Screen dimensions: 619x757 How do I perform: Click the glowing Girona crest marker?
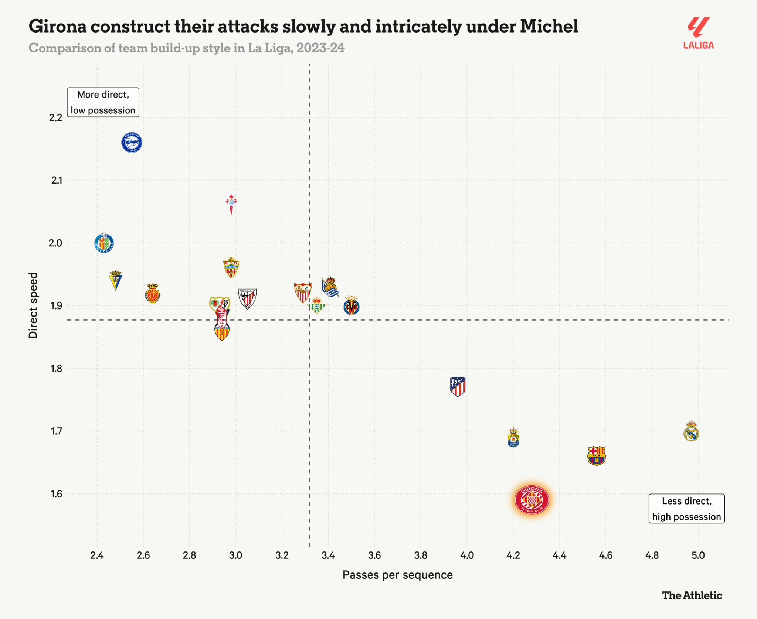click(x=532, y=500)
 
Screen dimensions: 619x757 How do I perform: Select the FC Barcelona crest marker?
click(x=596, y=455)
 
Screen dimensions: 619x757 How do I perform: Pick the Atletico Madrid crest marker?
click(x=458, y=387)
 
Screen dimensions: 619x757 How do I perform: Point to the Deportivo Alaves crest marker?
click(x=132, y=143)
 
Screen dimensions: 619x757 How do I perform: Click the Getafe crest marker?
click(x=104, y=243)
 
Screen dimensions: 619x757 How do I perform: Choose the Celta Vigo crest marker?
click(x=231, y=204)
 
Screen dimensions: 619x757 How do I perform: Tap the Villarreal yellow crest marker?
click(x=351, y=306)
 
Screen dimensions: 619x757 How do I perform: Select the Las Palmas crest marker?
click(x=513, y=437)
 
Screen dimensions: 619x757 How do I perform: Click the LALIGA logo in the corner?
click(x=698, y=33)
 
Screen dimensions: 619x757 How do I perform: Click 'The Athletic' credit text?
click(x=692, y=595)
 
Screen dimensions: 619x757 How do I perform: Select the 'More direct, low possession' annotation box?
click(x=103, y=102)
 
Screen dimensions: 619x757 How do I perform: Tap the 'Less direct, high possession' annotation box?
click(x=686, y=509)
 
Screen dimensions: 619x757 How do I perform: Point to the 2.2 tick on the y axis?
click(x=56, y=117)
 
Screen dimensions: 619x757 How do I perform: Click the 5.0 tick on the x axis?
click(x=698, y=555)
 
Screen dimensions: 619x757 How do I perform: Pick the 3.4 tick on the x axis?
click(x=328, y=555)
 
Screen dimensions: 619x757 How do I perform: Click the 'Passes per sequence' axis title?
click(x=397, y=575)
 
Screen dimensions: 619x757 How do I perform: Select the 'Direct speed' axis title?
click(x=33, y=305)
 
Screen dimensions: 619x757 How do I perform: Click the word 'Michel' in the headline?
click(x=549, y=26)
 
